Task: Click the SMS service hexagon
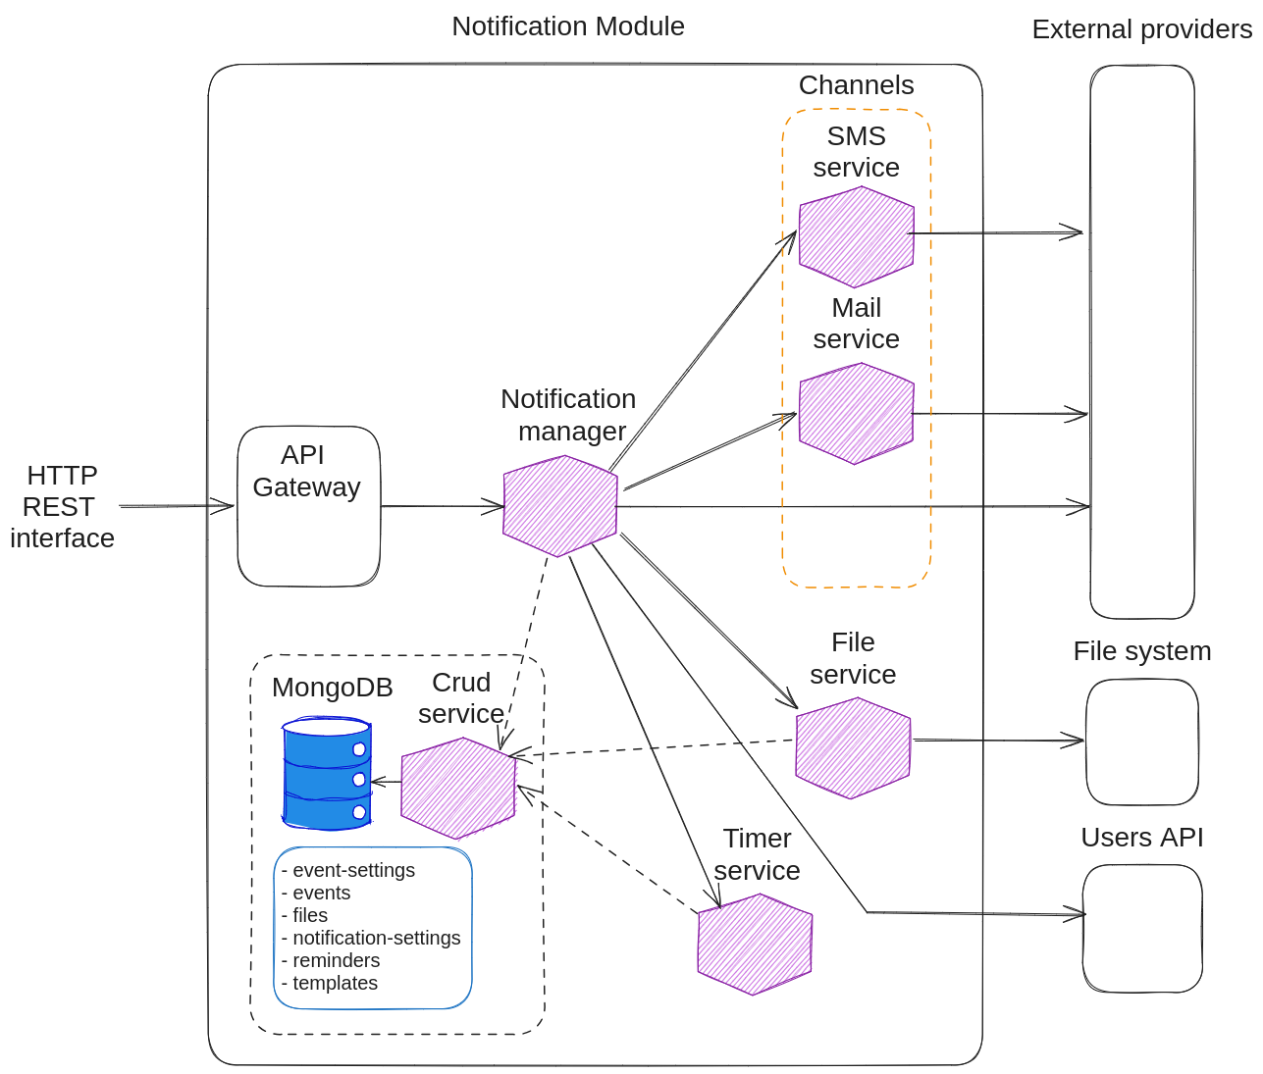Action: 856,236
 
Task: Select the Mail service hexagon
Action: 856,413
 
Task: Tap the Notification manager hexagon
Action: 559,506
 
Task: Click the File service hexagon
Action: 853,748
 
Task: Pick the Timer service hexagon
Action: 755,945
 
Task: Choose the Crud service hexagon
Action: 458,788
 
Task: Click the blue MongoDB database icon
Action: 327,774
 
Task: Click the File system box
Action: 1142,742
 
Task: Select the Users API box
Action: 1142,928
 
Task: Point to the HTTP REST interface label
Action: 62,506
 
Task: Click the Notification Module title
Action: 567,26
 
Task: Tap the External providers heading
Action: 1141,29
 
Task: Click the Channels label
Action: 856,85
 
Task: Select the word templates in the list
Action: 335,983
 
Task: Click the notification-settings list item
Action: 376,938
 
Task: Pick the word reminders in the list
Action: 336,960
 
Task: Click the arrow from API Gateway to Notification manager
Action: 442,506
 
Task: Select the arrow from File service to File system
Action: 996,741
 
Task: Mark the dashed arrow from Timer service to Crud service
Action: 608,848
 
